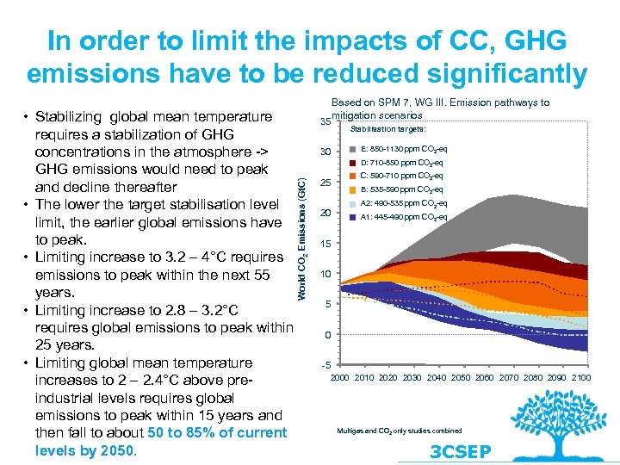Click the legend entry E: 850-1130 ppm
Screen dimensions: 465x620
(401, 149)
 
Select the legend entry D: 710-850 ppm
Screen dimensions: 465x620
(401, 163)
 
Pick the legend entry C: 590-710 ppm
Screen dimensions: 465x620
(401, 177)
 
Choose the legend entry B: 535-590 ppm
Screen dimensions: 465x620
(401, 189)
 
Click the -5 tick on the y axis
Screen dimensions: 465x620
(325, 365)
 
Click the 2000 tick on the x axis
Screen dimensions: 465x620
(340, 378)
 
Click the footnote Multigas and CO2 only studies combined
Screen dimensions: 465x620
(399, 431)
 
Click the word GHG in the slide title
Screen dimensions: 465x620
(515, 40)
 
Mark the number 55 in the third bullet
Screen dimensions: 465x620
(261, 275)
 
